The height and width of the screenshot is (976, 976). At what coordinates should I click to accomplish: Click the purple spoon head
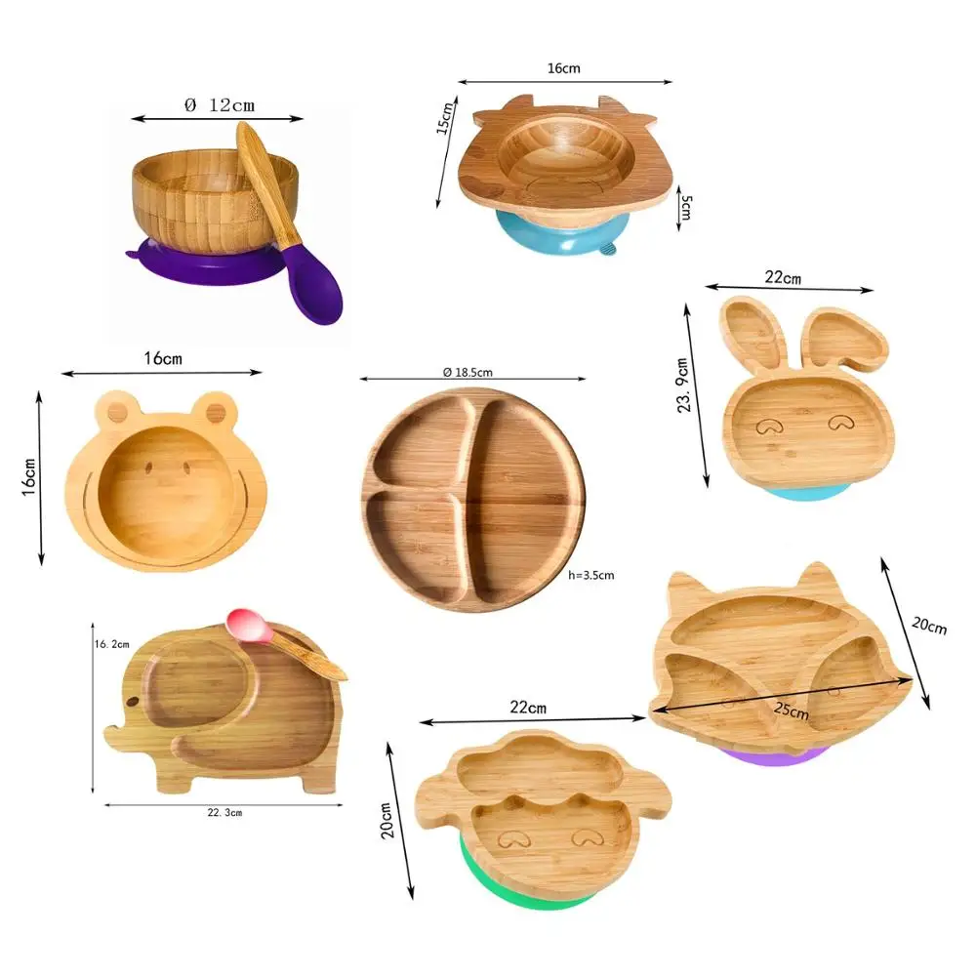[x=312, y=284]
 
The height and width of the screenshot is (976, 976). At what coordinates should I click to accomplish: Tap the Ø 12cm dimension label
[x=220, y=105]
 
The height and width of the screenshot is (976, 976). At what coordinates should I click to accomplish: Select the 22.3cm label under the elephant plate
[x=224, y=812]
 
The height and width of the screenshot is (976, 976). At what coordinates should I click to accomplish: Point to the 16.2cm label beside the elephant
[x=112, y=644]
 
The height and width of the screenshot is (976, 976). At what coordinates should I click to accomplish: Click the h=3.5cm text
[x=591, y=575]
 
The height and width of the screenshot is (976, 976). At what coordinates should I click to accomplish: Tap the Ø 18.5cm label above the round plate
[x=468, y=372]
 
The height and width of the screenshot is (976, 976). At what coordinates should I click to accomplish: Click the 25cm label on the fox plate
[x=792, y=710]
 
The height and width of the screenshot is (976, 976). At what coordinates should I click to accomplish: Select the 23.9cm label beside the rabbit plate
[x=683, y=386]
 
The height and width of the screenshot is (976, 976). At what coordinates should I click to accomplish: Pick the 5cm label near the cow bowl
[x=686, y=207]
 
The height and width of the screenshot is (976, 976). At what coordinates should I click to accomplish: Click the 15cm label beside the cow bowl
[x=444, y=118]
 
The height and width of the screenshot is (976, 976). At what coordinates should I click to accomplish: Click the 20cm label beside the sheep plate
[x=386, y=820]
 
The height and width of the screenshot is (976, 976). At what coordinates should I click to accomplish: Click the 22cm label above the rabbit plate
[x=783, y=277]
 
